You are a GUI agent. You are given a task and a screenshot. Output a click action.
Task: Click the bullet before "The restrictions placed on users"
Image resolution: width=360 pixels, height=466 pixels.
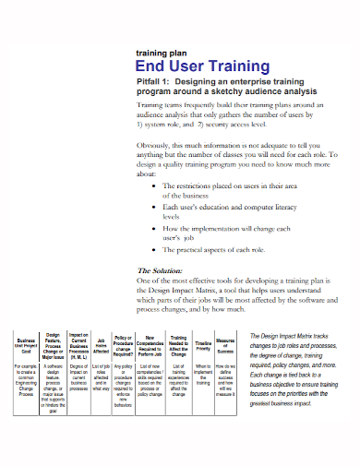click(153, 185)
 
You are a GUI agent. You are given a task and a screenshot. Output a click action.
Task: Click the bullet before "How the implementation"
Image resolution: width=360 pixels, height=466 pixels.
click(153, 228)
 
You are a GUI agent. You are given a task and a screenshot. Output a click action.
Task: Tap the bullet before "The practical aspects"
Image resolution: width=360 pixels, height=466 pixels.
click(153, 250)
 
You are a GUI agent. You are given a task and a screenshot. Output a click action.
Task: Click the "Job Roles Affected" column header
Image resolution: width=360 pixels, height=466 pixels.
click(102, 343)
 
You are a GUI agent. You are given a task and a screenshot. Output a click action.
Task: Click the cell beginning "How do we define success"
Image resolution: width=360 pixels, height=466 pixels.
click(227, 378)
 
